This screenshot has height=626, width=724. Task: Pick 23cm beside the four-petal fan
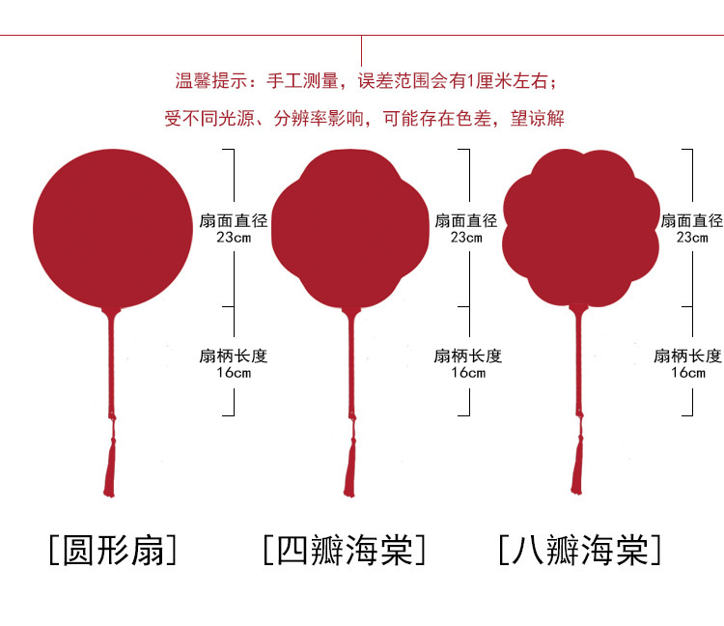pos(467,237)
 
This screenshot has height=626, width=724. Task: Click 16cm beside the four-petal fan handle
pos(467,372)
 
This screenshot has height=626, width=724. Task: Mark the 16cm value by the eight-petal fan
pos(687,372)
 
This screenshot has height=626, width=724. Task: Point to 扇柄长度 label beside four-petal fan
pos(467,356)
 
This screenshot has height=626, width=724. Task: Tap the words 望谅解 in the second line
pos(537,119)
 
